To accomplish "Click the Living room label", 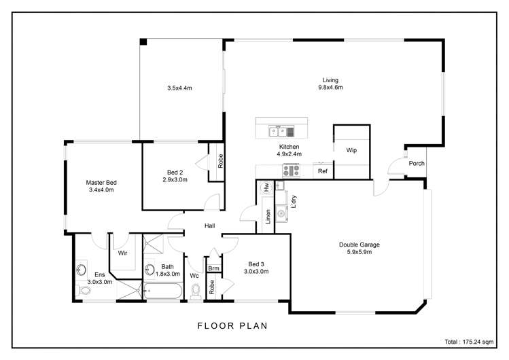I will (330, 80).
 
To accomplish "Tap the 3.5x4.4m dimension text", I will (180, 88).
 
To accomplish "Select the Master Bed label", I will (102, 182).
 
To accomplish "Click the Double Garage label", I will (359, 245).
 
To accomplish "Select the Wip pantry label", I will (351, 150).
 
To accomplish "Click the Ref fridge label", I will (323, 171).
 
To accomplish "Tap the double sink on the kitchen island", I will (277, 131).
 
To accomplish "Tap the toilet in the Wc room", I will (196, 291).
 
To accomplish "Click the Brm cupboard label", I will (213, 269).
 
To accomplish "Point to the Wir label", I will (123, 253).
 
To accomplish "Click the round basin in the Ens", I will (82, 268).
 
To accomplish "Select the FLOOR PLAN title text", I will (232, 326).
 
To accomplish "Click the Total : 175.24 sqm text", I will (469, 341).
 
